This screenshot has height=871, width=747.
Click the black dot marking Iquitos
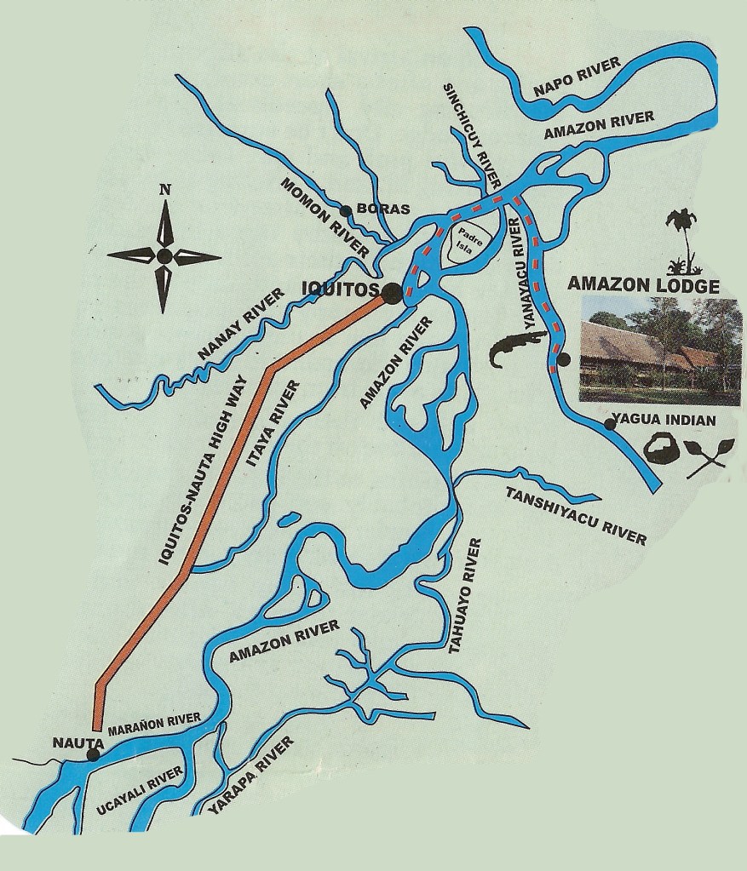[x=392, y=294]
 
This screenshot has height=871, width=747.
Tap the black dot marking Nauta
[x=93, y=754]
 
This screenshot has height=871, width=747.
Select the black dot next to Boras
[x=345, y=211]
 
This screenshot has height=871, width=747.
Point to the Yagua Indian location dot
[x=609, y=424]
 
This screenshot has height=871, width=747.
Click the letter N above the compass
[x=164, y=189]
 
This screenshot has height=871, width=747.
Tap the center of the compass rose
[x=164, y=255]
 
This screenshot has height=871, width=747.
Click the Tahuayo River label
[x=465, y=595]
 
